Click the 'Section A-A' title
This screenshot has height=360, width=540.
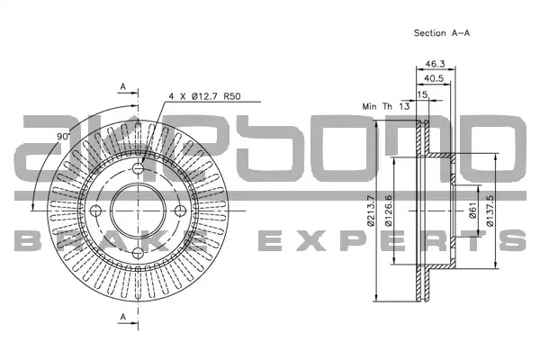(442, 33)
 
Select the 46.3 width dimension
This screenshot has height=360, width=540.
(435, 64)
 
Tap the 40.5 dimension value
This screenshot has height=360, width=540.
(434, 78)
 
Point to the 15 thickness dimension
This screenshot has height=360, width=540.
(422, 94)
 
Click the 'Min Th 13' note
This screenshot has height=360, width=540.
(386, 106)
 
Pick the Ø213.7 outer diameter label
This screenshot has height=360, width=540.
(371, 211)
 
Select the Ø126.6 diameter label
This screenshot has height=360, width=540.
(389, 211)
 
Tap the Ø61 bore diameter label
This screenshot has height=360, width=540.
(472, 211)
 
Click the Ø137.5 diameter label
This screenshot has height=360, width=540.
(490, 211)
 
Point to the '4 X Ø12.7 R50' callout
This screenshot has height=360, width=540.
(204, 96)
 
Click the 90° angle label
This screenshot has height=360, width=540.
(63, 137)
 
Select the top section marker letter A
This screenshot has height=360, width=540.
(123, 87)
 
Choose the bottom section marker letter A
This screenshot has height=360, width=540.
(123, 317)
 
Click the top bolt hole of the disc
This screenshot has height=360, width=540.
(138, 168)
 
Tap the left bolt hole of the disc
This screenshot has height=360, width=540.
(95, 211)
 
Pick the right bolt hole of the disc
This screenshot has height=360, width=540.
(180, 211)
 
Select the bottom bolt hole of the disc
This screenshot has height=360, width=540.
(138, 253)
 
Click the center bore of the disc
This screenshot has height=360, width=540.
(138, 211)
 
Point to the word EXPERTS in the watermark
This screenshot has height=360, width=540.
(392, 240)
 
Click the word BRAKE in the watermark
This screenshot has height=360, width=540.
(111, 240)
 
